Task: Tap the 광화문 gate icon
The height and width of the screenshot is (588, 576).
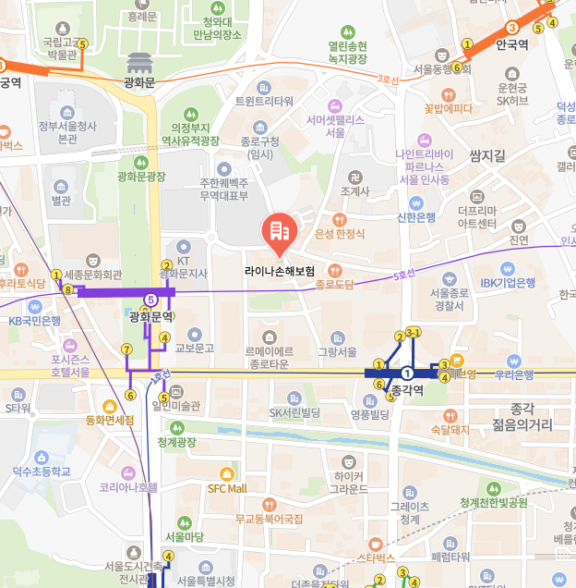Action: (139, 64)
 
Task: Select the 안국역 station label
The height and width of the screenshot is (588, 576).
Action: (511, 44)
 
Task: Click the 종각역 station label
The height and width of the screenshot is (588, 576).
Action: (407, 391)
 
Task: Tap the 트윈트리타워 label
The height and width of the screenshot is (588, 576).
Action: (264, 101)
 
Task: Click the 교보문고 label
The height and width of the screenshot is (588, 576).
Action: (194, 349)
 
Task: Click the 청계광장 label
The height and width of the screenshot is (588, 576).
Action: (176, 442)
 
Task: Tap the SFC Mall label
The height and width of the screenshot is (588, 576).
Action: (227, 488)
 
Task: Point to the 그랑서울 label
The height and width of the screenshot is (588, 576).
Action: (337, 351)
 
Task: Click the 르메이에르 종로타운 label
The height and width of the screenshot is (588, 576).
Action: (269, 357)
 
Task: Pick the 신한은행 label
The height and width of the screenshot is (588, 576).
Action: (415, 217)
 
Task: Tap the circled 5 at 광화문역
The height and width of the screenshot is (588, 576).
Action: (150, 300)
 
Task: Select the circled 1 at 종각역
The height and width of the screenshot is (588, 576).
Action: (407, 373)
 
